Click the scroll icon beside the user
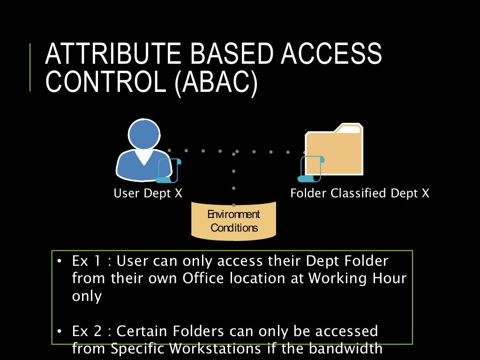[x=169, y=170]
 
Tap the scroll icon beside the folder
[x=311, y=169]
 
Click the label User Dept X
[x=148, y=193]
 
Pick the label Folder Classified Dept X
[x=360, y=193]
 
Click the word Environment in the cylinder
[x=233, y=215]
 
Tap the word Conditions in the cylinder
[x=234, y=228]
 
